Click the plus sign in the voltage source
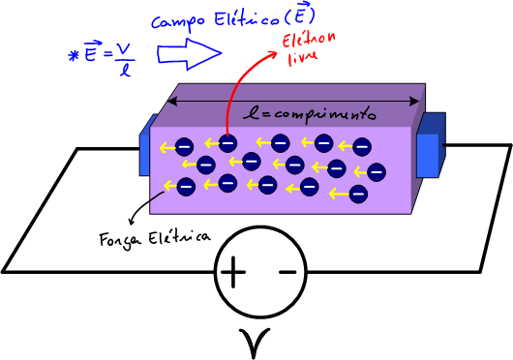click(x=232, y=273)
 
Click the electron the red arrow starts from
click(x=228, y=144)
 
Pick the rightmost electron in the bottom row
click(x=358, y=194)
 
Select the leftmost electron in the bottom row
click(x=186, y=185)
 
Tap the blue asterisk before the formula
click(x=73, y=55)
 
